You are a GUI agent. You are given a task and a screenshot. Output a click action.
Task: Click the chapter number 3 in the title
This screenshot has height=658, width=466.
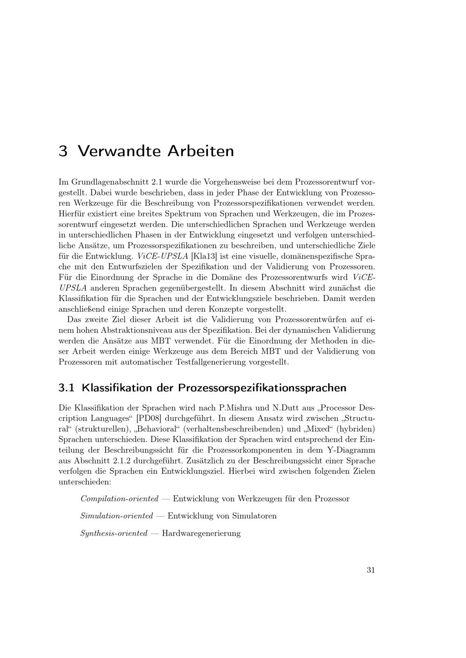(63, 151)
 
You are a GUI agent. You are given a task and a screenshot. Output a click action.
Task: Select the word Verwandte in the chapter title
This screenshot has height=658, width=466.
(118, 151)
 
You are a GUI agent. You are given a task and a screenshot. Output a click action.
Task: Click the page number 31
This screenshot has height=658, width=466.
(370, 570)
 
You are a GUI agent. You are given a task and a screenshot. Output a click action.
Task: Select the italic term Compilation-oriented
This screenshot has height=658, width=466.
(119, 499)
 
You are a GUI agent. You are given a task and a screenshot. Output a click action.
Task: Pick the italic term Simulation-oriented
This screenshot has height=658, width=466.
(116, 516)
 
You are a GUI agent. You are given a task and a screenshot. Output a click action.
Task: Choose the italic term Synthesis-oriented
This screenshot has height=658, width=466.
(114, 533)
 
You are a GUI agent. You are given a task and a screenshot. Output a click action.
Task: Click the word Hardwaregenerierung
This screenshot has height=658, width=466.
(201, 533)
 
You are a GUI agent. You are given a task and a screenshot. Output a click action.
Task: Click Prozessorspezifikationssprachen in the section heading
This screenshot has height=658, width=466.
(262, 388)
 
